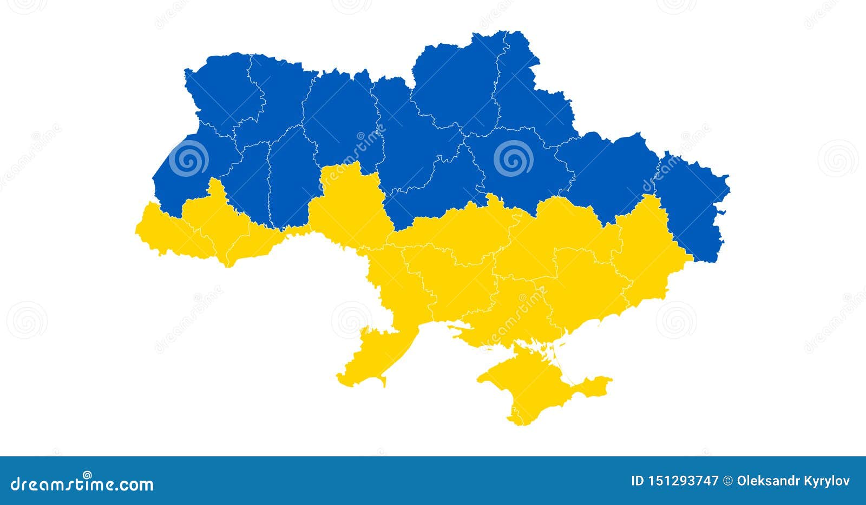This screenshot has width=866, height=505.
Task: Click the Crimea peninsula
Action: click(528, 384)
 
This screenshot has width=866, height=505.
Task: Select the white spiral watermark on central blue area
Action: click(513, 158)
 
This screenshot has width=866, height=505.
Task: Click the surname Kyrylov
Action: click(829, 481)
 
